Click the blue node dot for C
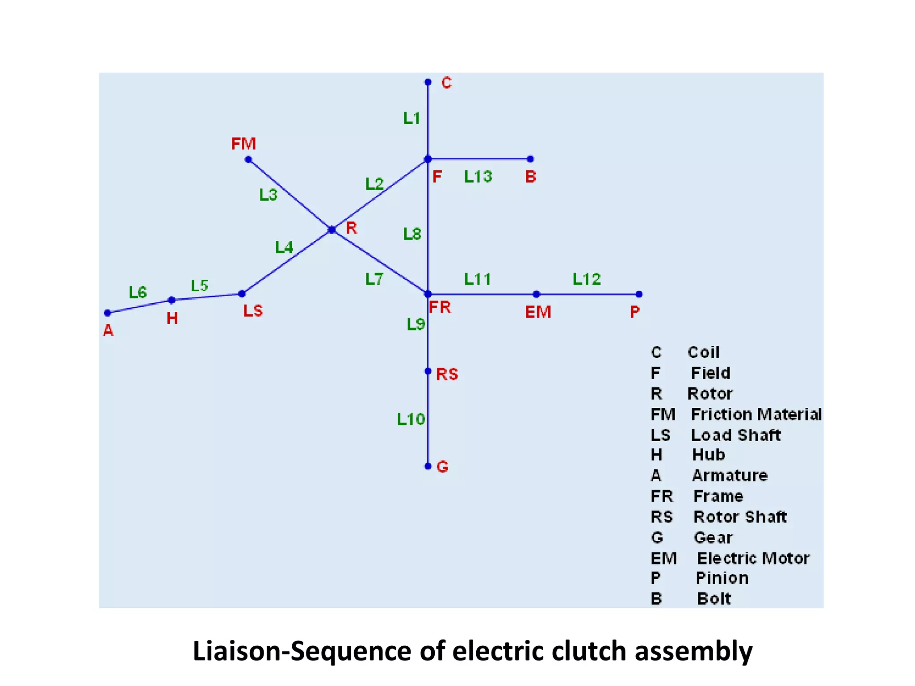[x=428, y=82]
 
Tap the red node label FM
[x=243, y=144]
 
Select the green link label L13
[x=478, y=177]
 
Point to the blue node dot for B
[x=530, y=159]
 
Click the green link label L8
[x=412, y=234]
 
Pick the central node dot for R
[x=332, y=230]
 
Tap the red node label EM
[x=538, y=312]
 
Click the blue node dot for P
[x=639, y=294]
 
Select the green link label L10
[x=411, y=419]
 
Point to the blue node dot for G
[x=428, y=466]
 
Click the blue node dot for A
[x=107, y=313]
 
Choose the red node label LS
[x=253, y=311]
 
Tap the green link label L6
[x=138, y=293]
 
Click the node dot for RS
[x=428, y=371]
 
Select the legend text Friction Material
[x=756, y=414]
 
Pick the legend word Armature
[x=730, y=476]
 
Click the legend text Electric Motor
[x=753, y=558]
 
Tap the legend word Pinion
[x=722, y=578]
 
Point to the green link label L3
[x=269, y=195]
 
